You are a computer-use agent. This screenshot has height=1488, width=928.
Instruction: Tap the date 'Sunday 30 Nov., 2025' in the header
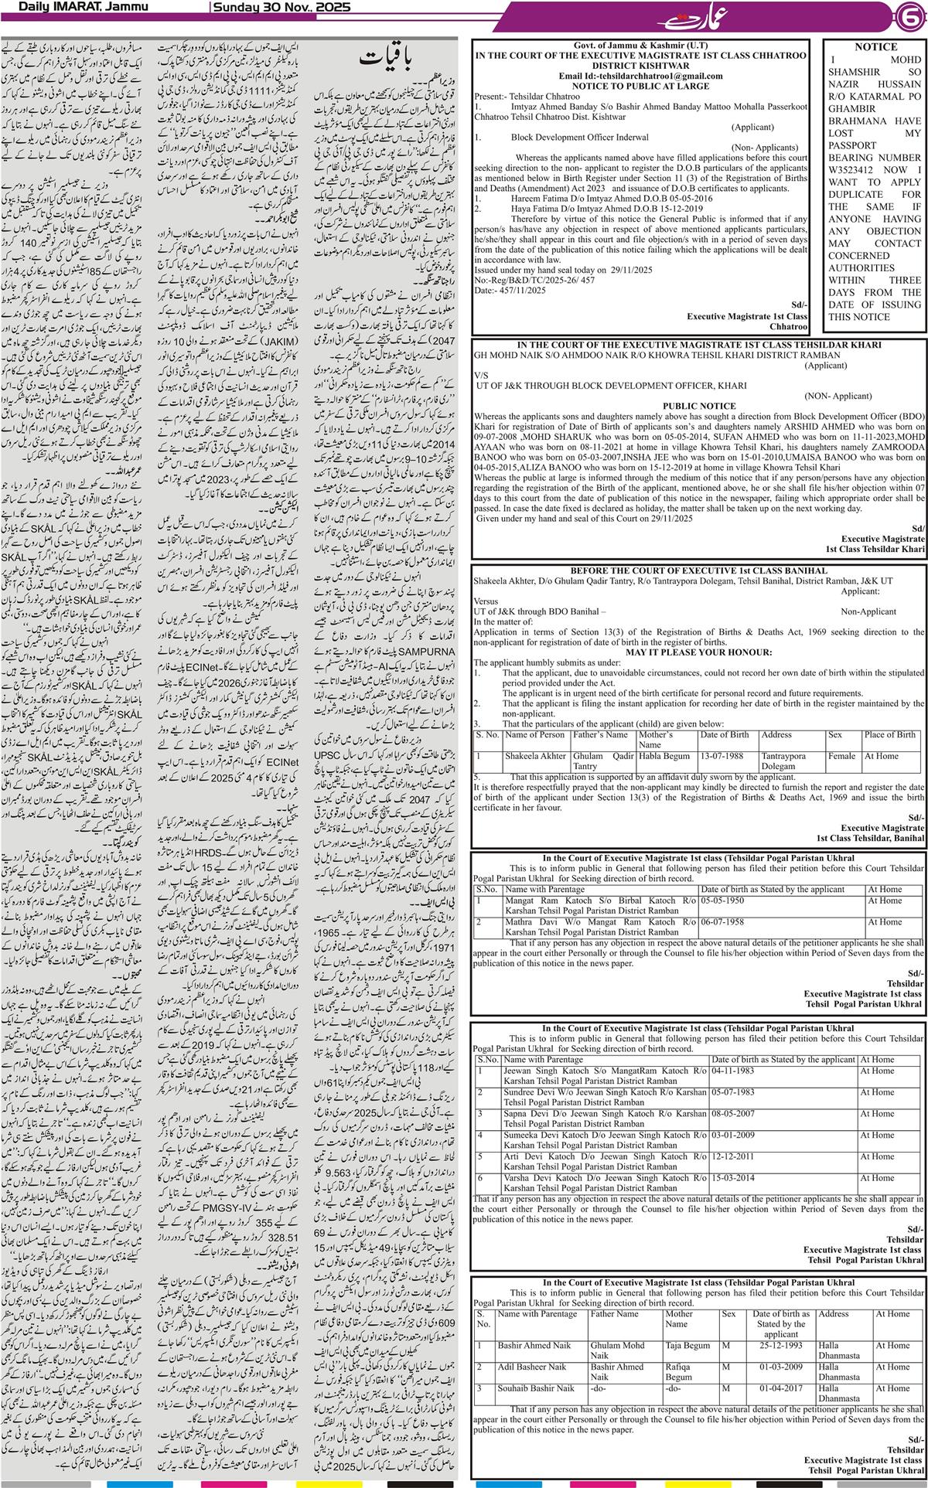point(281,8)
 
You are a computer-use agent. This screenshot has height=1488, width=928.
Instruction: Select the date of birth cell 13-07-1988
point(724,756)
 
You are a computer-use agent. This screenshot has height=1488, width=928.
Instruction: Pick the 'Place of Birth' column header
point(889,735)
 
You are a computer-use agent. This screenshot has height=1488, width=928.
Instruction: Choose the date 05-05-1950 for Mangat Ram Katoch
point(725,901)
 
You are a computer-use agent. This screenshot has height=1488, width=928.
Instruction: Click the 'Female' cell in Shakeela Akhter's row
point(841,756)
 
